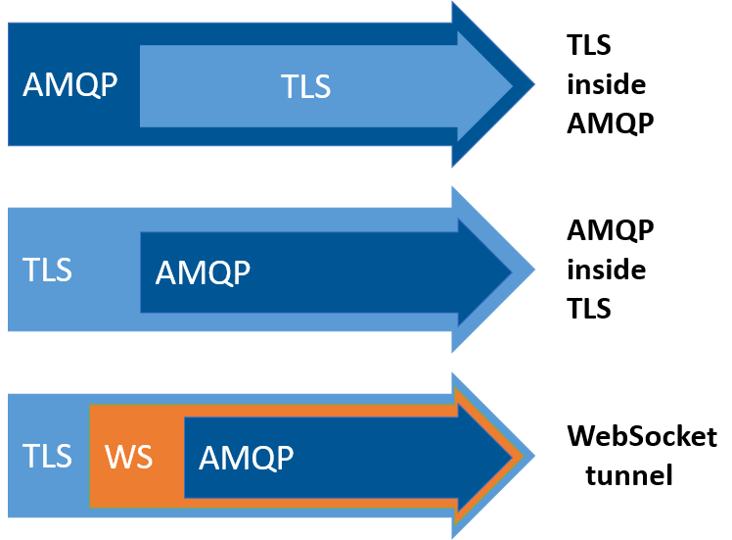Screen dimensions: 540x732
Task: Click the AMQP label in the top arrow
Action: click(69, 85)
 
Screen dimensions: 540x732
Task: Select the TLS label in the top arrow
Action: click(306, 87)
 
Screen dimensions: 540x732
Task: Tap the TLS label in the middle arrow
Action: click(48, 270)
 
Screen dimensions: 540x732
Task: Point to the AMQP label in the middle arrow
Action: click(203, 272)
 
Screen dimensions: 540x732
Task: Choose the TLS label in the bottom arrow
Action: click(48, 456)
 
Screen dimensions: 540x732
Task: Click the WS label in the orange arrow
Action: click(128, 457)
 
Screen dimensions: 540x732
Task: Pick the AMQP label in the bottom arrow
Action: click(246, 458)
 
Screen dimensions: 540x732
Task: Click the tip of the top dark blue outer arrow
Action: click(534, 84)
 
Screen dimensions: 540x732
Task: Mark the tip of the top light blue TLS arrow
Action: click(513, 85)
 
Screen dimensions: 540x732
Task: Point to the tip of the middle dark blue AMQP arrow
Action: click(512, 270)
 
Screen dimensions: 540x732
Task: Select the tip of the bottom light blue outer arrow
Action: click(534, 456)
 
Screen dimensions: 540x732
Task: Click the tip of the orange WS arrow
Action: click(524, 456)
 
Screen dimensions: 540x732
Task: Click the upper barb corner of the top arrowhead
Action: click(453, 3)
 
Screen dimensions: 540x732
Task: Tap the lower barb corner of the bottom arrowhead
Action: click(453, 537)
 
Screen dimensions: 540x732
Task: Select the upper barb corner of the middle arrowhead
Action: click(453, 187)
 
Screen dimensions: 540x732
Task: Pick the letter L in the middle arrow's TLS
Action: click(48, 270)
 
